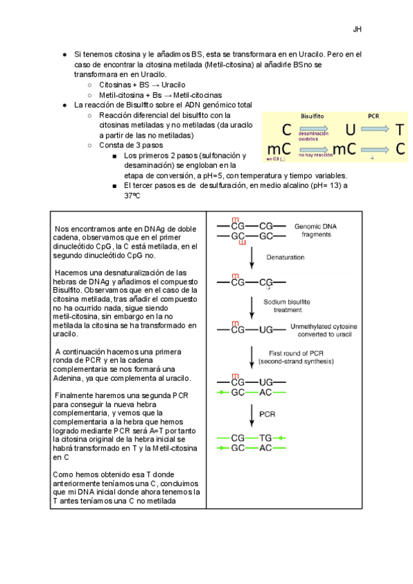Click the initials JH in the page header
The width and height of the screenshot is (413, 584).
click(x=357, y=30)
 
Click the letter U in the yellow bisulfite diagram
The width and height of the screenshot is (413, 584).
click(x=350, y=129)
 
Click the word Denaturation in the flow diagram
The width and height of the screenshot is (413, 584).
click(x=284, y=256)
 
